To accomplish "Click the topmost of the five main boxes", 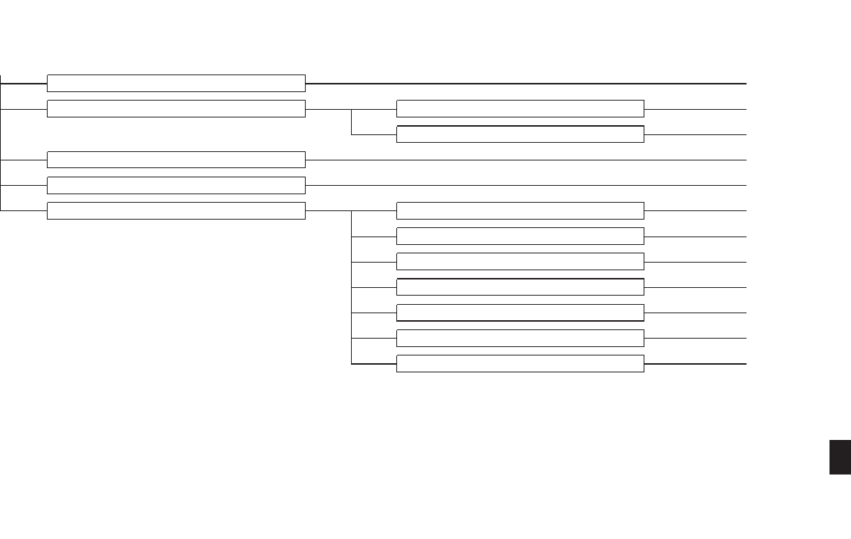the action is click(176, 83).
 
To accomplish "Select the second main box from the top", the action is click(176, 108).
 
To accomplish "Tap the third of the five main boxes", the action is click(176, 160).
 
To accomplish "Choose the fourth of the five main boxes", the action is click(176, 185).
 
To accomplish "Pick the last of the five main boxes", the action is click(176, 210).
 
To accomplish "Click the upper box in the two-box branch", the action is click(520, 108).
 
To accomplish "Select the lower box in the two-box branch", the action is click(520, 134).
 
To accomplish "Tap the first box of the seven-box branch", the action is click(520, 210).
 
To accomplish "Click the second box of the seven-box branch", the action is click(520, 236).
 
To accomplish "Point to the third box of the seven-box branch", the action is click(520, 261).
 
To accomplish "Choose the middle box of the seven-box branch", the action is click(520, 287).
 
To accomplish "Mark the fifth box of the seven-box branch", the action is click(520, 312).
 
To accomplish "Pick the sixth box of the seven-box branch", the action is click(520, 338).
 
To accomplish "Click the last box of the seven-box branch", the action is click(520, 363).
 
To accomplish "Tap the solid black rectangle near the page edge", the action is click(840, 457).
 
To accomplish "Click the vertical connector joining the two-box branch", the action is click(351, 121).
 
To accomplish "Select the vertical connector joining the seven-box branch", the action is click(351, 287).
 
